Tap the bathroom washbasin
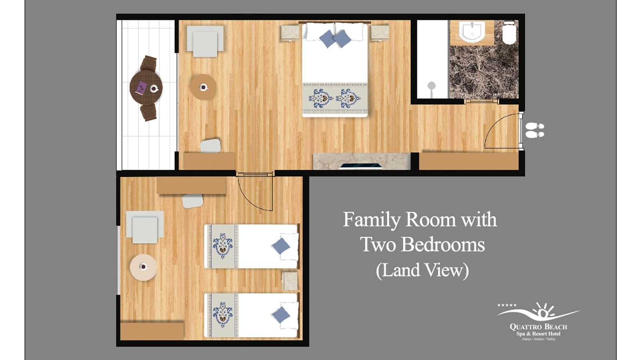point(472,31)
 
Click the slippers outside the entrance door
point(534,130)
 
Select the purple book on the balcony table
point(141,88)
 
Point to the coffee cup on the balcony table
point(154,88)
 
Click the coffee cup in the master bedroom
point(204,87)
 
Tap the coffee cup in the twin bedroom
point(143,266)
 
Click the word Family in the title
point(371,220)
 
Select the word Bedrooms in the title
point(443,244)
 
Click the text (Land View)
point(422,270)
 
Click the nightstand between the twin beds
point(290,281)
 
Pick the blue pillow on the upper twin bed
point(281,246)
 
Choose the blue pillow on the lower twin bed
point(281,315)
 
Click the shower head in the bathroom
point(431,86)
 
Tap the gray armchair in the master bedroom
point(205,42)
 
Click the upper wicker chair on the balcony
point(148,63)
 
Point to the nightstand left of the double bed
point(290,33)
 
